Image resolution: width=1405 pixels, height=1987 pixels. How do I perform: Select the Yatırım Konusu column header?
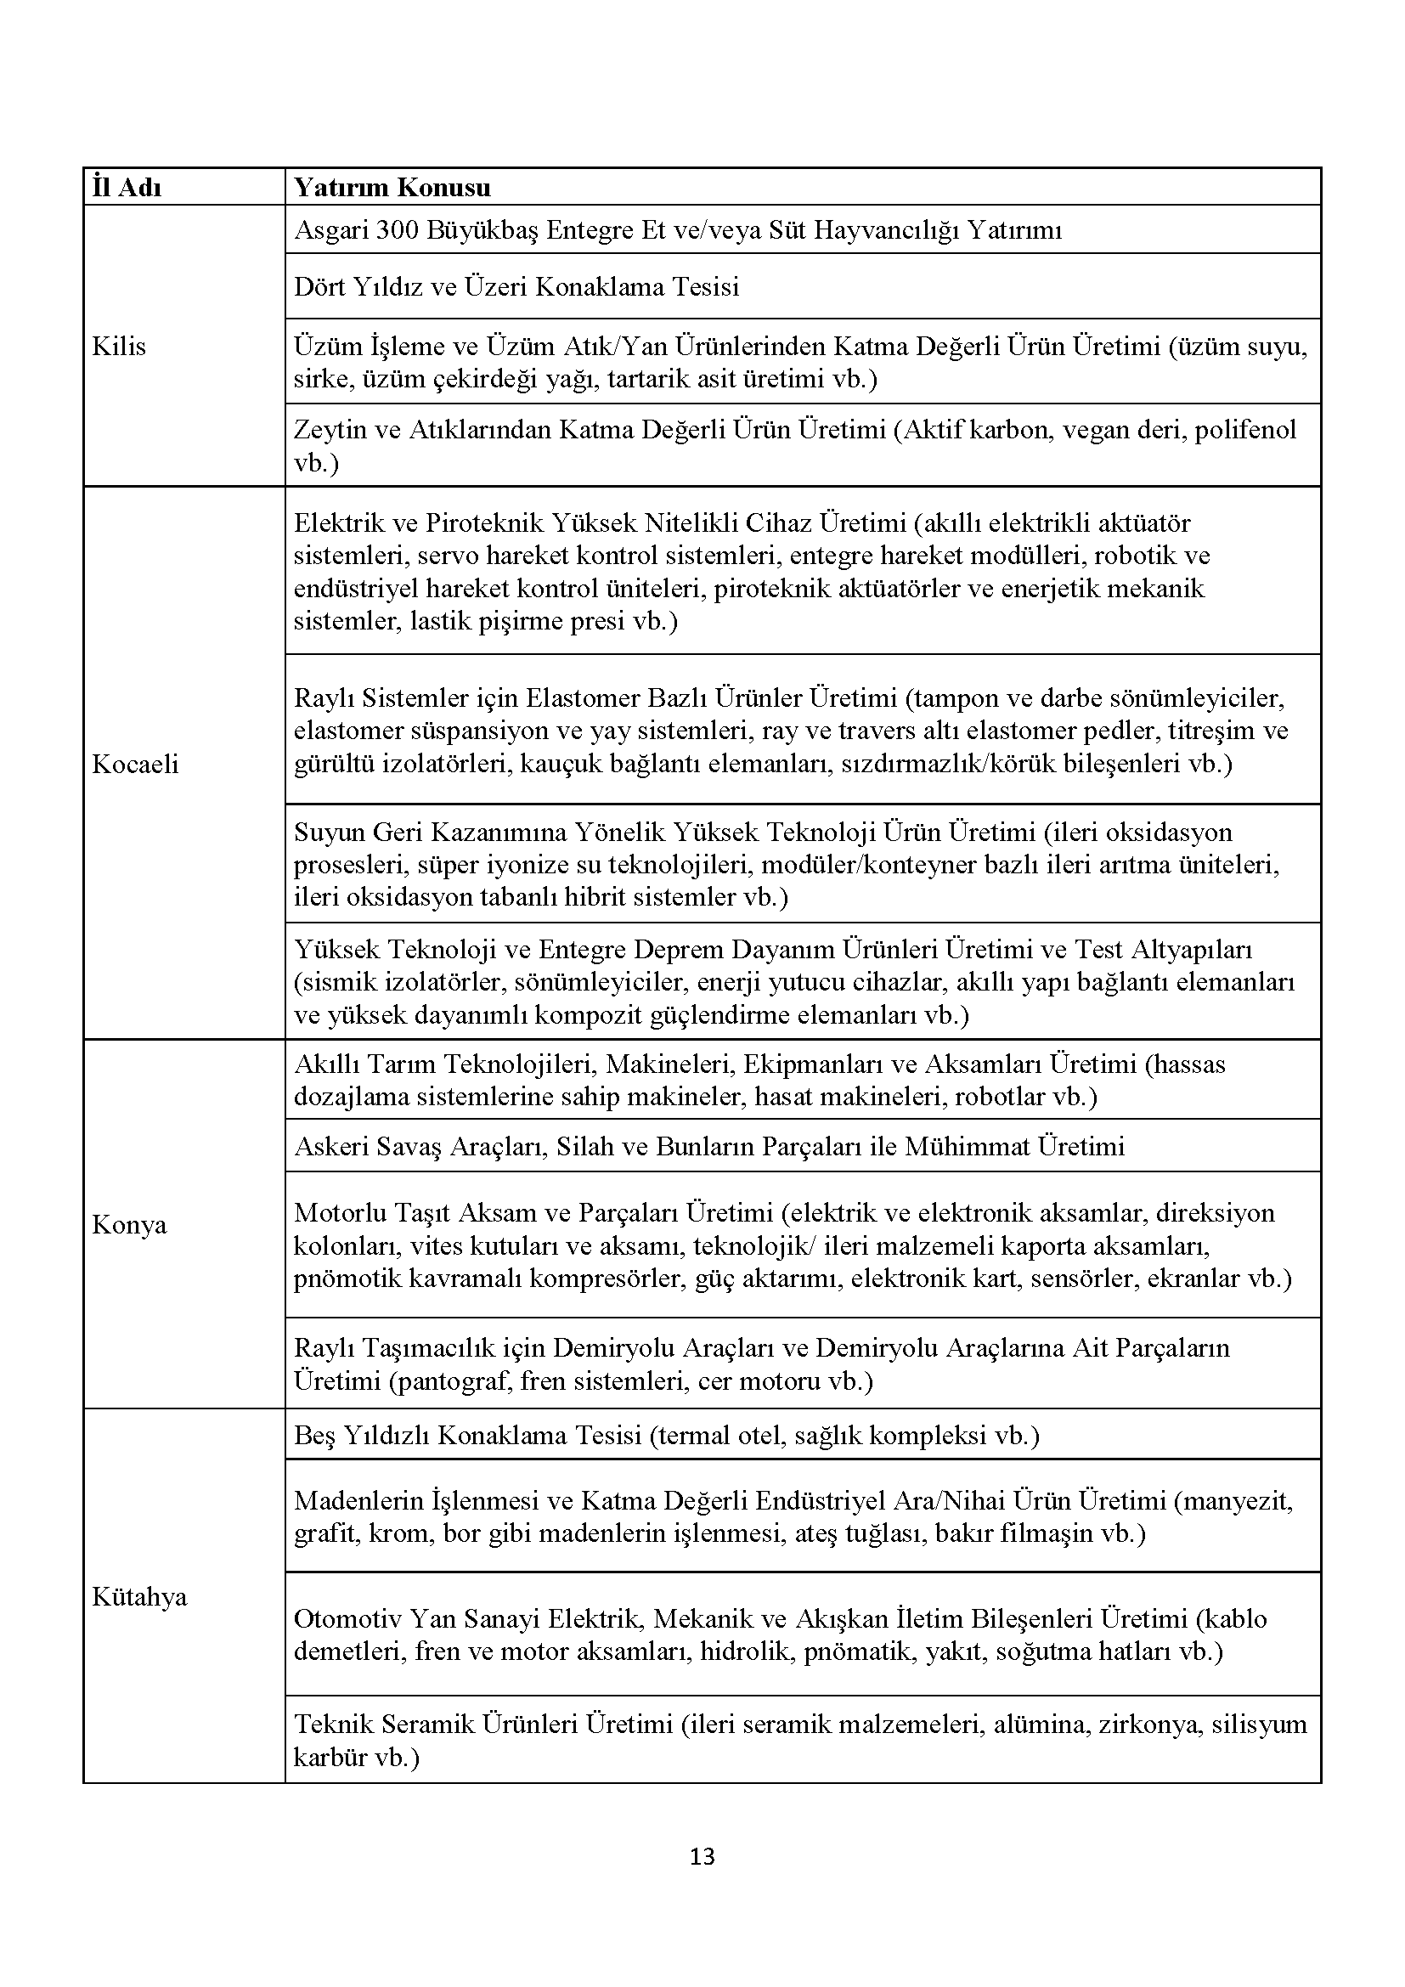392,188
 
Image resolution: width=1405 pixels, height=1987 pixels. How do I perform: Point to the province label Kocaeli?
135,764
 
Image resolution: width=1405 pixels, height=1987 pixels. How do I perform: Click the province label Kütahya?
139,1596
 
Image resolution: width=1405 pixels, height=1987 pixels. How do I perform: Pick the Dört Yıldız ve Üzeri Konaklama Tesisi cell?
516,286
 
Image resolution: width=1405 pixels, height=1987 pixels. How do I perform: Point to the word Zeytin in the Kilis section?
327,430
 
